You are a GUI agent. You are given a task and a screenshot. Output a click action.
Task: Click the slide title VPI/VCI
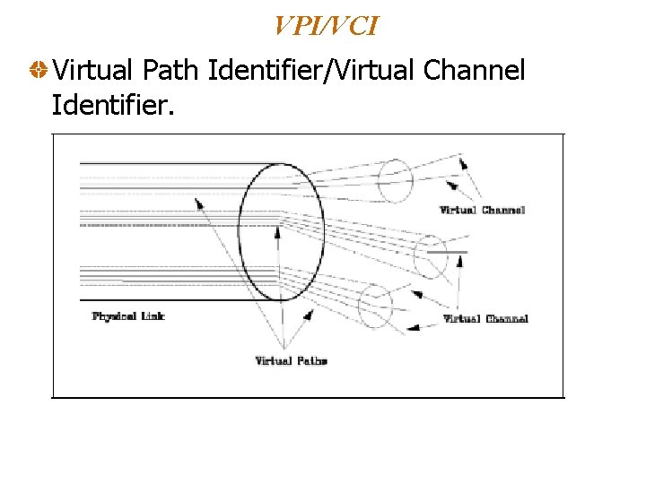326,26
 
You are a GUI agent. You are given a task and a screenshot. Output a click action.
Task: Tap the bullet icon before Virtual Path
38,69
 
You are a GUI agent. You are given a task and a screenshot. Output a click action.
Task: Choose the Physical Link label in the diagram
128,315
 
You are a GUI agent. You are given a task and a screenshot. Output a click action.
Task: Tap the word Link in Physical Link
152,315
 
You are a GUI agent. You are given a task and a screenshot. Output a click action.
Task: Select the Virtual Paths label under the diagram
291,360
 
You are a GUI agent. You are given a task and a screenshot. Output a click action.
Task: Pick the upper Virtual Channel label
482,211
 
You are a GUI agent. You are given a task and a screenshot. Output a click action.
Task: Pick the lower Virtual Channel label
485,318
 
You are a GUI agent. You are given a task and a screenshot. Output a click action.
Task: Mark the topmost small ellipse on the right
394,180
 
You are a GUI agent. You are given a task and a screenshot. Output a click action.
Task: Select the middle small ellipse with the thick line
431,257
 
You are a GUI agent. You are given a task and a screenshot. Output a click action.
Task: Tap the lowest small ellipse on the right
375,307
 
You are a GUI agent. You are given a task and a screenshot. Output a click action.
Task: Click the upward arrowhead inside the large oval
277,231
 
